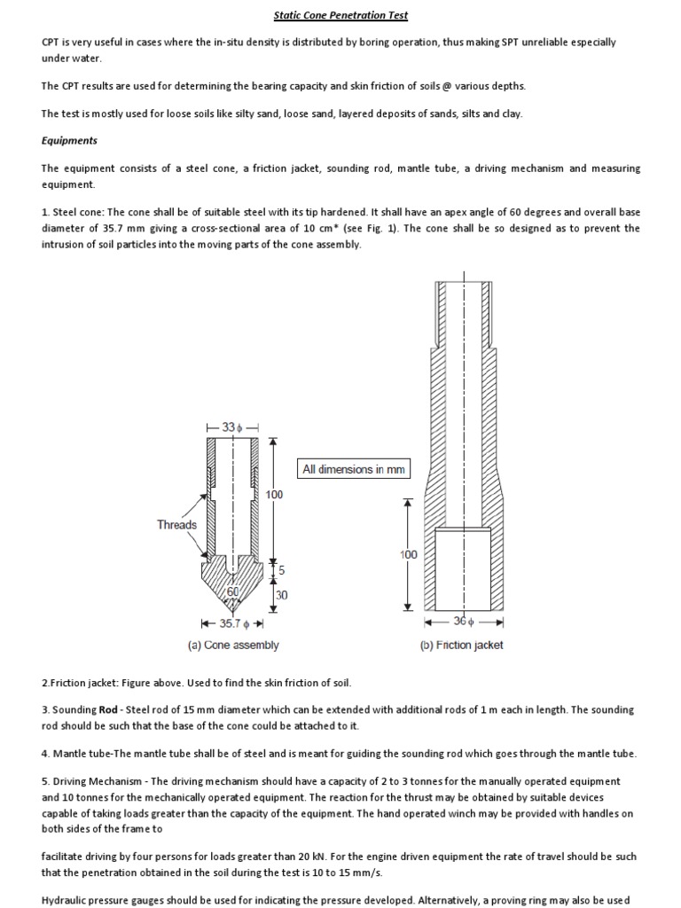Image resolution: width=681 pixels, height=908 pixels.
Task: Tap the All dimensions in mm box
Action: [353, 470]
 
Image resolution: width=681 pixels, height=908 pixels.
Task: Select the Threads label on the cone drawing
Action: [176, 524]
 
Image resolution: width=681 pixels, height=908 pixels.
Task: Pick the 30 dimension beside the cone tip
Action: [281, 596]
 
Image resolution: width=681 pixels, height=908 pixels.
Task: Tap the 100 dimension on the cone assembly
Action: [275, 495]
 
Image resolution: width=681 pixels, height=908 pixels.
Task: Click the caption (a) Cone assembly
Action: [233, 646]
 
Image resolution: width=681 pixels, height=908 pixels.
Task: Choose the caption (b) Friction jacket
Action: [461, 646]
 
